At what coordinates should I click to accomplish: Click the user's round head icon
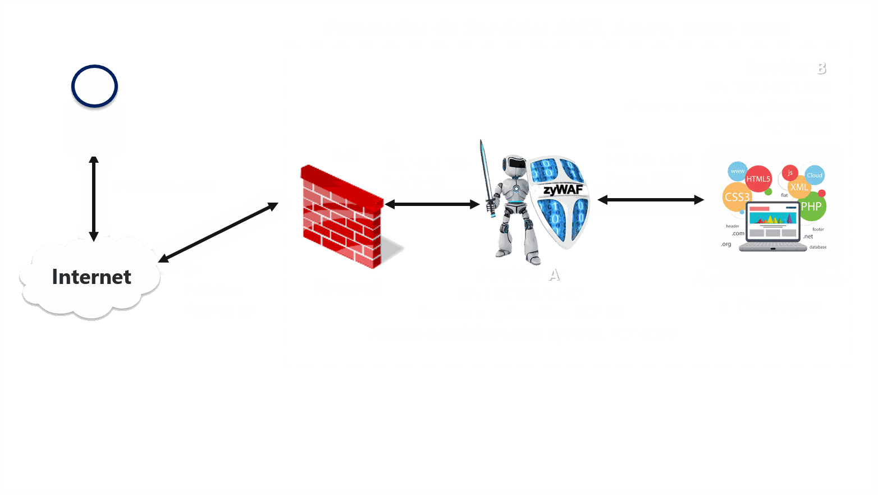pyautogui.click(x=94, y=86)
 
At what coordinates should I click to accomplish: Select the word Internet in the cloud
pyautogui.click(x=92, y=277)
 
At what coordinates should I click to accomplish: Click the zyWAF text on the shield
pyautogui.click(x=563, y=190)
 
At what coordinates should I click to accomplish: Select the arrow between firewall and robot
pyautogui.click(x=431, y=205)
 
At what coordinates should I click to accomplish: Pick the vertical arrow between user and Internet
pyautogui.click(x=94, y=199)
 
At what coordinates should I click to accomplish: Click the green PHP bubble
pyautogui.click(x=811, y=207)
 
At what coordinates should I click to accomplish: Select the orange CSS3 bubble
pyautogui.click(x=737, y=197)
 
